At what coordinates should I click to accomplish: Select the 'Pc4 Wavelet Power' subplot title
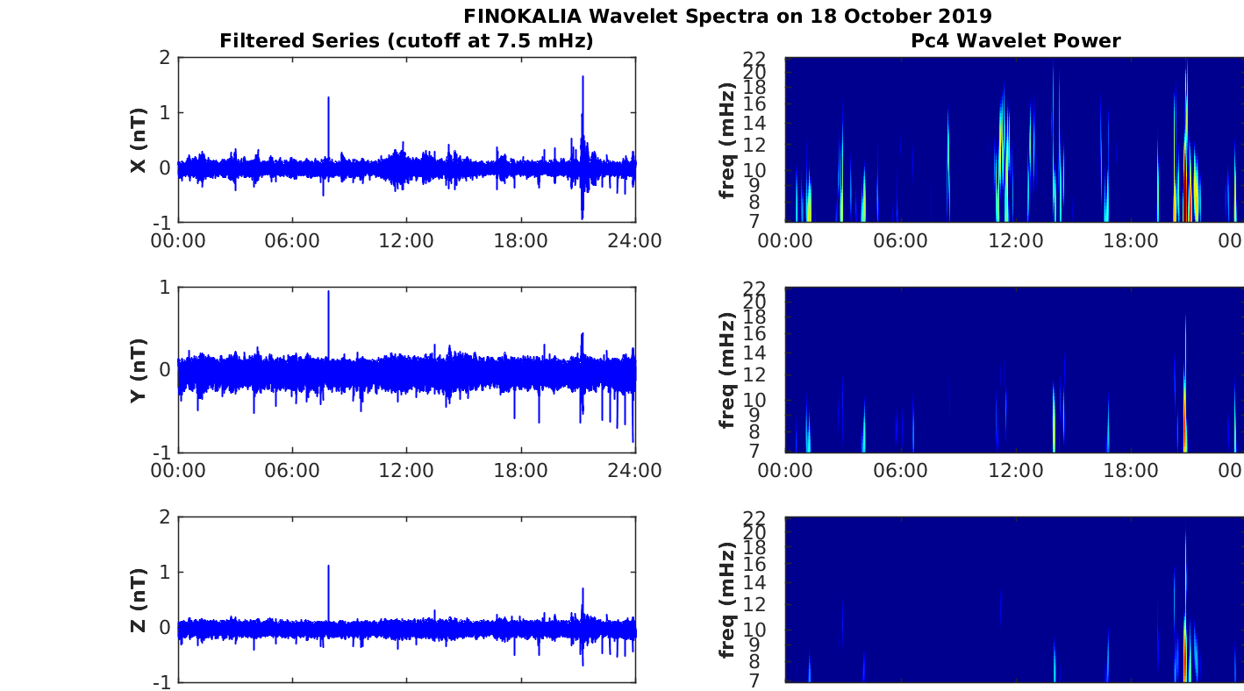pos(1015,40)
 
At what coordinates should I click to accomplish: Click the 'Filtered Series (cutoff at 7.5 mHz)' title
pos(406,40)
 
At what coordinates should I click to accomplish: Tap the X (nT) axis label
pos(138,140)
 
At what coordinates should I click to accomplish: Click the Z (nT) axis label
pos(138,601)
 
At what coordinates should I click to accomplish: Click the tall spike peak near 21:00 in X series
pos(583,77)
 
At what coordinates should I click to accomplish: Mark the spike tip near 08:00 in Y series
pos(328,292)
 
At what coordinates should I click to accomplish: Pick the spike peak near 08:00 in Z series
pos(328,566)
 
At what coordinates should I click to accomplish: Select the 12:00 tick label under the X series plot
pos(406,240)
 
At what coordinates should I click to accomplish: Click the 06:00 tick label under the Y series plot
pos(292,471)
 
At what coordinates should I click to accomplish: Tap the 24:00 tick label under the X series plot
pos(634,240)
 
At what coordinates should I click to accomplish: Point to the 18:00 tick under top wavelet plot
pos(1131,240)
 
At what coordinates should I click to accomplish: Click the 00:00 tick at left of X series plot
pos(178,240)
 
